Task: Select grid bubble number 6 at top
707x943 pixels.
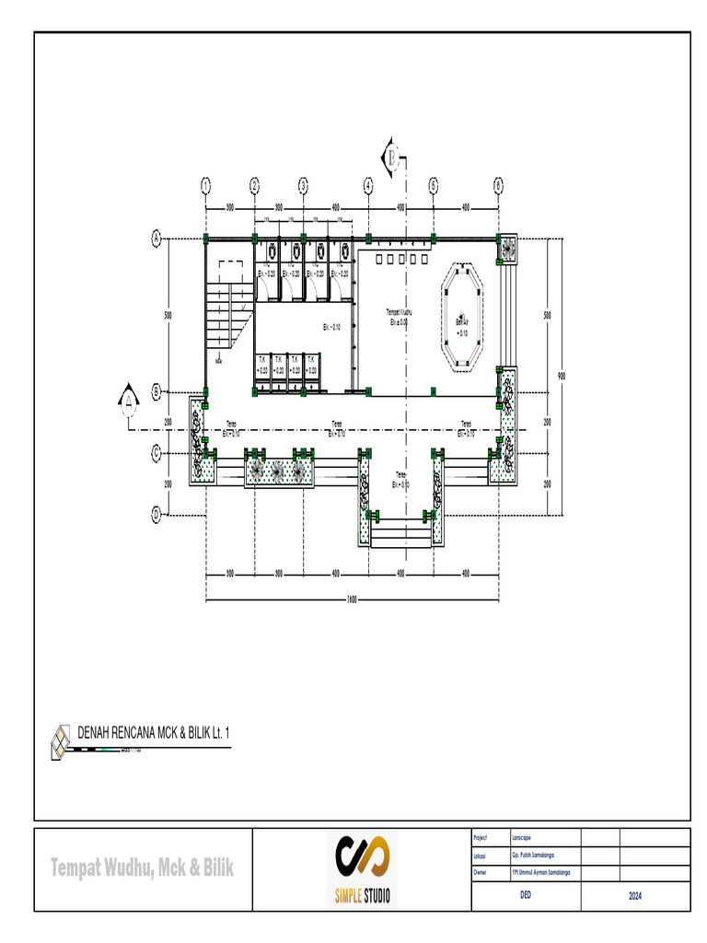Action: pos(498,185)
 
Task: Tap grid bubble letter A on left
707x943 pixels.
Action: pos(156,239)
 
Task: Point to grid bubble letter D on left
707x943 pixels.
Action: pos(156,513)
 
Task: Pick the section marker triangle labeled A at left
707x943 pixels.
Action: pos(127,398)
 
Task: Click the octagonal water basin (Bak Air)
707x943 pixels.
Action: pos(462,317)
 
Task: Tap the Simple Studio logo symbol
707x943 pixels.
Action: pos(362,858)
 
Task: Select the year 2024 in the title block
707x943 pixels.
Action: pos(635,894)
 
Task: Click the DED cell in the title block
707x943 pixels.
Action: pos(527,894)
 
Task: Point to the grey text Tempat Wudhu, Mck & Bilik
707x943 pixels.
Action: pos(142,867)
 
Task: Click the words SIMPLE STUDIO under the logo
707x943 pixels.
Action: pos(362,895)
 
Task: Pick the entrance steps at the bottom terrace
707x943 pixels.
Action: pos(399,530)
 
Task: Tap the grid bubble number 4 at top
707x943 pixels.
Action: pos(368,185)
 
